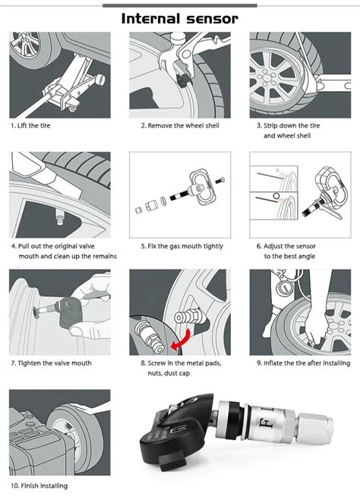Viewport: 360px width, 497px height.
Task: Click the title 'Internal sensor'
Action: click(x=179, y=17)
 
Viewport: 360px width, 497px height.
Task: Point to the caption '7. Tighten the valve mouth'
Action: click(x=51, y=363)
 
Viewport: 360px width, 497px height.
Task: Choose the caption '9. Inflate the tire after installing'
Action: click(x=302, y=363)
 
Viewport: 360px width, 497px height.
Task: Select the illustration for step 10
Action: click(x=59, y=433)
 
